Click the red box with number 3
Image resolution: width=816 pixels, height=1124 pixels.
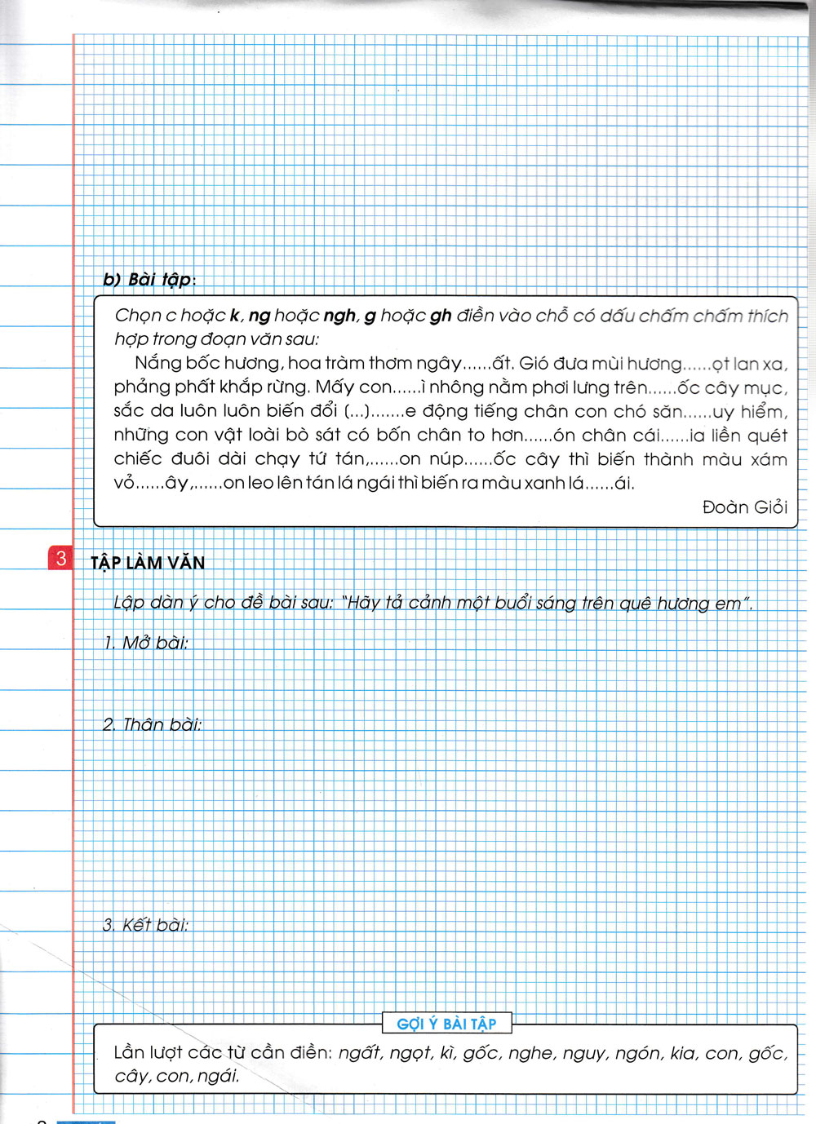[60, 559]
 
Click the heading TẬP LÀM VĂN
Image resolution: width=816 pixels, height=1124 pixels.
[148, 562]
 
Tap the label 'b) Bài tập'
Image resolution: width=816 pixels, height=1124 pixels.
[147, 279]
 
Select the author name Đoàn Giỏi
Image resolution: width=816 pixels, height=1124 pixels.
[744, 507]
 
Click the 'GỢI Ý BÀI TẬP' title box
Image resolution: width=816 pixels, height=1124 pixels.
[446, 1024]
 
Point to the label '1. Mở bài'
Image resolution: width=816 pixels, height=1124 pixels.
[146, 643]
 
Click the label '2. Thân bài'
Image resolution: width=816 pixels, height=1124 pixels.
[153, 724]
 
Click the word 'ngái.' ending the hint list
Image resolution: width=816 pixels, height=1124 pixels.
[219, 1076]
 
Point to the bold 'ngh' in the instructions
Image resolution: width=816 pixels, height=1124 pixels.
[339, 316]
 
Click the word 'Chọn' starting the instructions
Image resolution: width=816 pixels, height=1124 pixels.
[138, 316]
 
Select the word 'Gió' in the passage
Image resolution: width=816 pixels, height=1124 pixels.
[534, 363]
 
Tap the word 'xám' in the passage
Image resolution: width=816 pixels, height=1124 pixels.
[769, 459]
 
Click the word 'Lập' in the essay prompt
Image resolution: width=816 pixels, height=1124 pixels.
[128, 603]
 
